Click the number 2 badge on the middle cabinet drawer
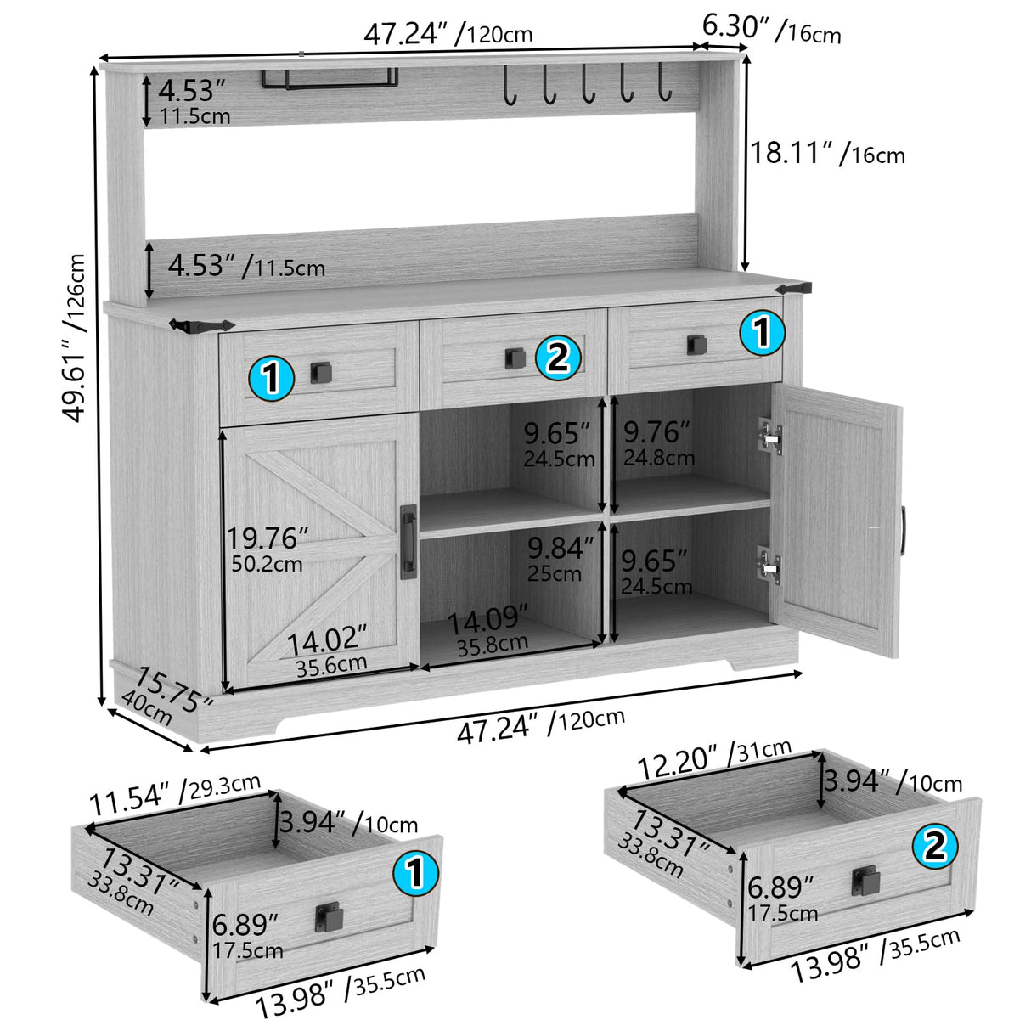tap(558, 358)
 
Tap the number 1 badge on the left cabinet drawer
tap(271, 377)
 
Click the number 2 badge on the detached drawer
tap(934, 846)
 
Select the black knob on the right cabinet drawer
tap(696, 343)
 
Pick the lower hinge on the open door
tap(769, 564)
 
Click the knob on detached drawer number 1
tap(328, 916)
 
